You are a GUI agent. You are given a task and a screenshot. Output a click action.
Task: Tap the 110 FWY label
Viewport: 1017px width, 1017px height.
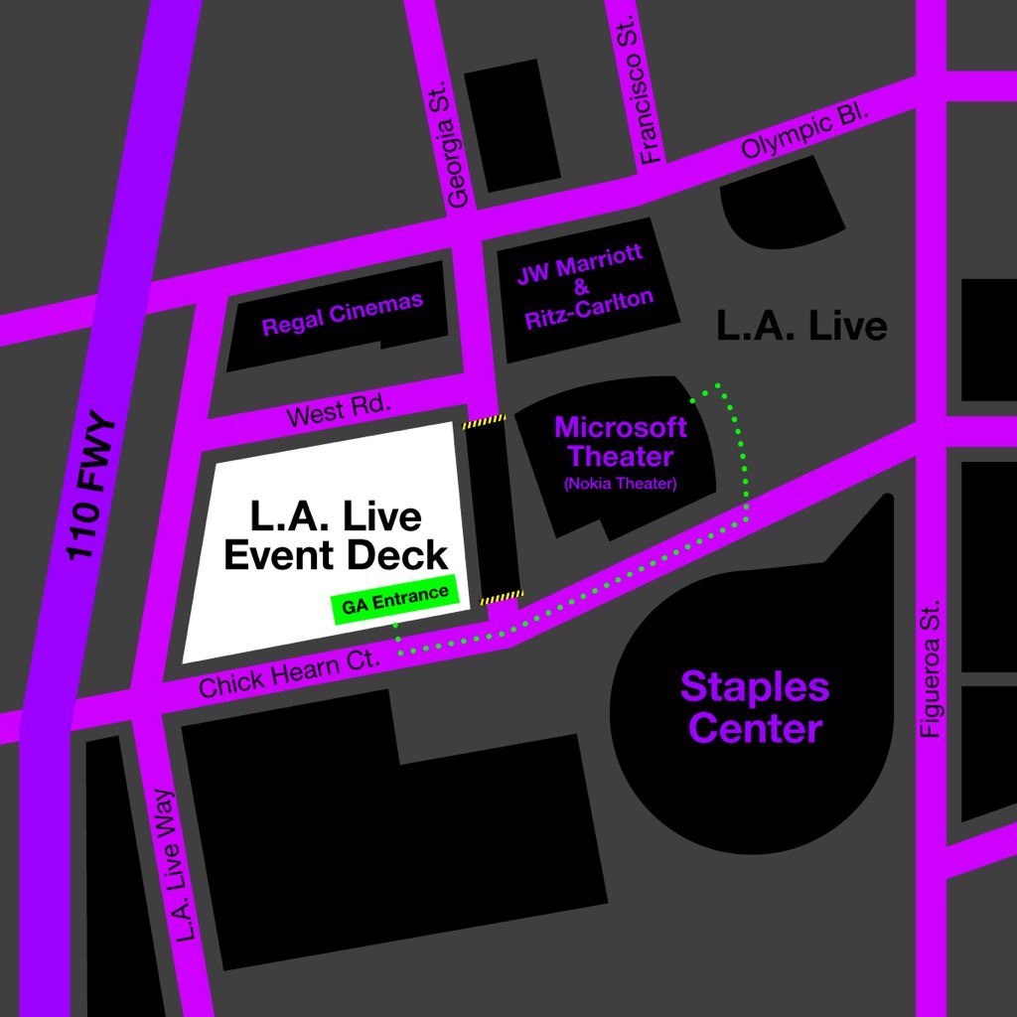(93, 488)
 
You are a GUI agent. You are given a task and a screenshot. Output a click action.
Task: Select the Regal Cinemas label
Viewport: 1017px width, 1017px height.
(342, 314)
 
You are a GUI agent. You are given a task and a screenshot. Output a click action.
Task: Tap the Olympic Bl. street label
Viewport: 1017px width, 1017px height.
(805, 135)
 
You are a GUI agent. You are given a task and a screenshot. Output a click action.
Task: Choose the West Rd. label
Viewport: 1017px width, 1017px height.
(339, 410)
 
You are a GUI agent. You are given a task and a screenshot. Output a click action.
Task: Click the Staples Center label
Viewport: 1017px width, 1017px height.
(755, 706)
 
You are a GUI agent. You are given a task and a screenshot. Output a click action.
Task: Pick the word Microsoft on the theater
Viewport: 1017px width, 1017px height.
(620, 428)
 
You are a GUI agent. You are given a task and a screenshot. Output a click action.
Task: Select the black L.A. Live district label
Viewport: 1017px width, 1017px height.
(801, 326)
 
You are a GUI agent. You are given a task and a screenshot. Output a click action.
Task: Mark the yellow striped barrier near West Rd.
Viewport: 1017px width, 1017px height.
(484, 421)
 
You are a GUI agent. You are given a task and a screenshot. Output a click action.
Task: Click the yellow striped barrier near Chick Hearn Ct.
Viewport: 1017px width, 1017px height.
(502, 597)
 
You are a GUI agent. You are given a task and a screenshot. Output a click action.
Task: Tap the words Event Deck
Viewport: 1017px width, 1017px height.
(336, 554)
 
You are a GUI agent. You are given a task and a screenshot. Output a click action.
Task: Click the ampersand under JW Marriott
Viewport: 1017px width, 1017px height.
(581, 283)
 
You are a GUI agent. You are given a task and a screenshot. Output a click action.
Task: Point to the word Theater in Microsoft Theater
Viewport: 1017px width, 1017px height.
(620, 457)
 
